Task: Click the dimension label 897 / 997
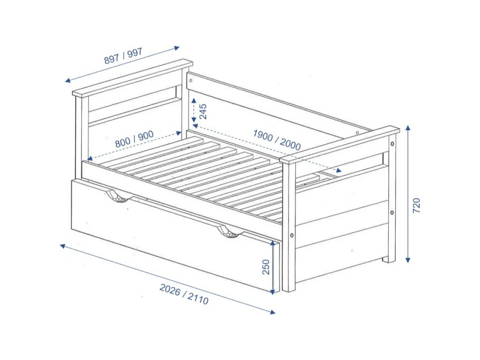(x=123, y=56)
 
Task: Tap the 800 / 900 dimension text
(x=134, y=139)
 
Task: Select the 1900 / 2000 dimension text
(x=277, y=140)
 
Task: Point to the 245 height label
(x=203, y=111)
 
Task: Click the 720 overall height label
(x=416, y=206)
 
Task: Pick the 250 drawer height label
(x=266, y=267)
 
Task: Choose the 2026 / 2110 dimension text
(x=184, y=294)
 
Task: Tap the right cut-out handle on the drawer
(x=229, y=232)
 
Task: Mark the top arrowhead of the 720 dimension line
(x=408, y=127)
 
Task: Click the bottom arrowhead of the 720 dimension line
(x=408, y=260)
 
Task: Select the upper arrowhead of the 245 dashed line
(x=194, y=101)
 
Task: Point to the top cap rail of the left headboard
(x=132, y=78)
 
